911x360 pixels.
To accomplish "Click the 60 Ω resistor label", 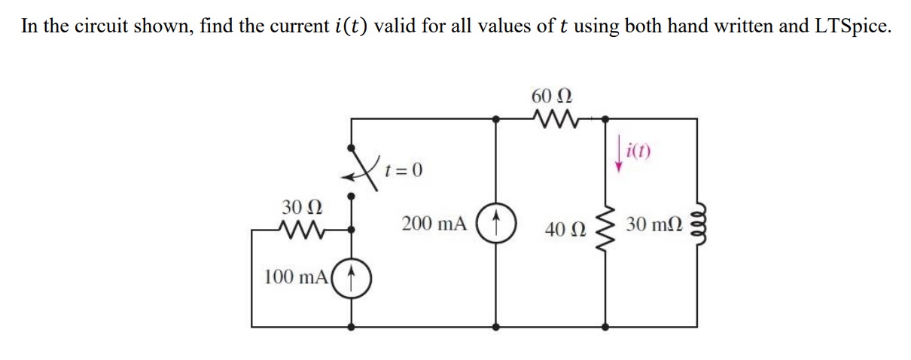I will click(551, 96).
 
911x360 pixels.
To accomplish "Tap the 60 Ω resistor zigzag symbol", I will click(552, 118).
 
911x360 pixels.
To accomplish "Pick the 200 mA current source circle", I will click(495, 224).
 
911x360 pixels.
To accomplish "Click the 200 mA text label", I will click(434, 224).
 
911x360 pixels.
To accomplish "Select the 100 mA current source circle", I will click(352, 279).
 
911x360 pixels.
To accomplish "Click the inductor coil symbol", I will click(696, 223).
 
